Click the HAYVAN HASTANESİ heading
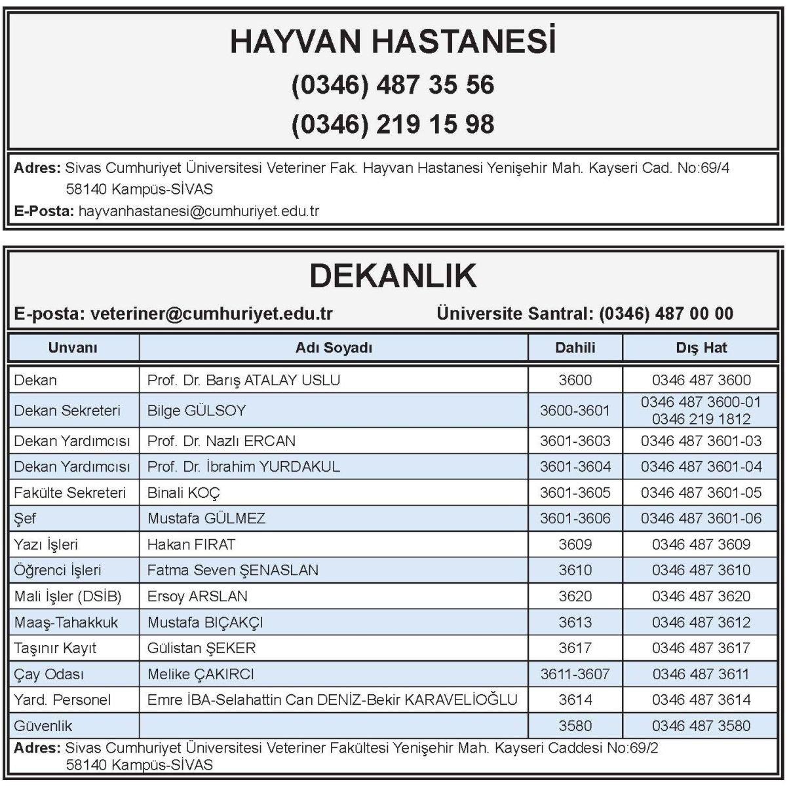pyautogui.click(x=393, y=42)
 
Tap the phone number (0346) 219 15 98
pyautogui.click(x=393, y=124)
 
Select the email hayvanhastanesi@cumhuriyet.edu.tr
pyautogui.click(x=199, y=211)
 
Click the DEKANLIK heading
pyautogui.click(x=393, y=276)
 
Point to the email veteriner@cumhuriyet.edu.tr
pyautogui.click(x=212, y=314)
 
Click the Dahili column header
pyautogui.click(x=575, y=348)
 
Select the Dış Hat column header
pyautogui.click(x=701, y=348)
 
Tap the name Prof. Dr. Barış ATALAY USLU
pyautogui.click(x=243, y=380)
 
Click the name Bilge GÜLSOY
pyautogui.click(x=197, y=411)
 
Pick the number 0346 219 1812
pyautogui.click(x=701, y=419)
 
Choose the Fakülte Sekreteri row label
pyautogui.click(x=69, y=493)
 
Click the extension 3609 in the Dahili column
pyautogui.click(x=575, y=544)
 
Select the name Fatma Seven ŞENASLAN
pyautogui.click(x=233, y=570)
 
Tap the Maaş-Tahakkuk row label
pyautogui.click(x=66, y=622)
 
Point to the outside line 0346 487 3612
pyautogui.click(x=701, y=622)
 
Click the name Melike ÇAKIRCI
pyautogui.click(x=201, y=674)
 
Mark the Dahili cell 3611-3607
pyautogui.click(x=575, y=674)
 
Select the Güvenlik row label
pyautogui.click(x=43, y=726)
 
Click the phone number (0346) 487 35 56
pyautogui.click(x=393, y=84)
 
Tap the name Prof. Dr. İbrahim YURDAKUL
pyautogui.click(x=243, y=466)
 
